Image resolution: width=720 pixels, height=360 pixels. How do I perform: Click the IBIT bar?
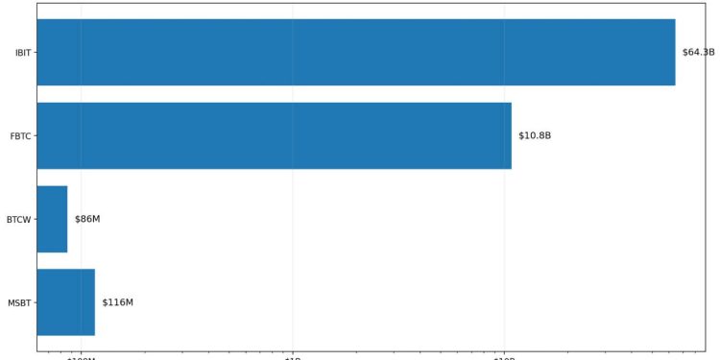pos(355,52)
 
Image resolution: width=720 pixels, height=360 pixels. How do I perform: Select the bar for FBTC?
pos(274,135)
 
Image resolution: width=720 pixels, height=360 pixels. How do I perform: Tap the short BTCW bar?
pos(52,219)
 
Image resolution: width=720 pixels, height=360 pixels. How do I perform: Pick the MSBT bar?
pos(65,302)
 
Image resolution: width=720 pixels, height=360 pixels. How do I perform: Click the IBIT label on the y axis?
pos(23,53)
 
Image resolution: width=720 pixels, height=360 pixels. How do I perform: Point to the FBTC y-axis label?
pos(21,136)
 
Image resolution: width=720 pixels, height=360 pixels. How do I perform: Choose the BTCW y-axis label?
pos(19,220)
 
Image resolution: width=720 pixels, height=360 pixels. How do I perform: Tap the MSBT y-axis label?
pos(20,303)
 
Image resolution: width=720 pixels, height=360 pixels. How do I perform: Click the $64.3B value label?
pos(698,52)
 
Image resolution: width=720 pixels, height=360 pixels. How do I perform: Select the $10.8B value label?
pos(535,135)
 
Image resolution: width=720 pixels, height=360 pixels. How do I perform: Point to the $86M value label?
pos(87,219)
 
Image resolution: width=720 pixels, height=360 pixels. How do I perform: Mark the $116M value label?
pos(117,302)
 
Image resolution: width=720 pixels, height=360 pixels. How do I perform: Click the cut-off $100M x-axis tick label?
pos(81,358)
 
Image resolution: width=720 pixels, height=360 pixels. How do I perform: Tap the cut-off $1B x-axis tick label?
pos(293,358)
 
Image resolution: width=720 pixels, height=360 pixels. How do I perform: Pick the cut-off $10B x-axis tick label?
pos(505,358)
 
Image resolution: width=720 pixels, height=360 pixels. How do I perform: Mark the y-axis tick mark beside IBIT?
pos(35,53)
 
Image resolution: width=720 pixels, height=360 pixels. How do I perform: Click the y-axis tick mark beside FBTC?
pos(35,136)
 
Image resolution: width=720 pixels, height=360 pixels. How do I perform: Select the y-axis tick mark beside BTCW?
pos(35,220)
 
